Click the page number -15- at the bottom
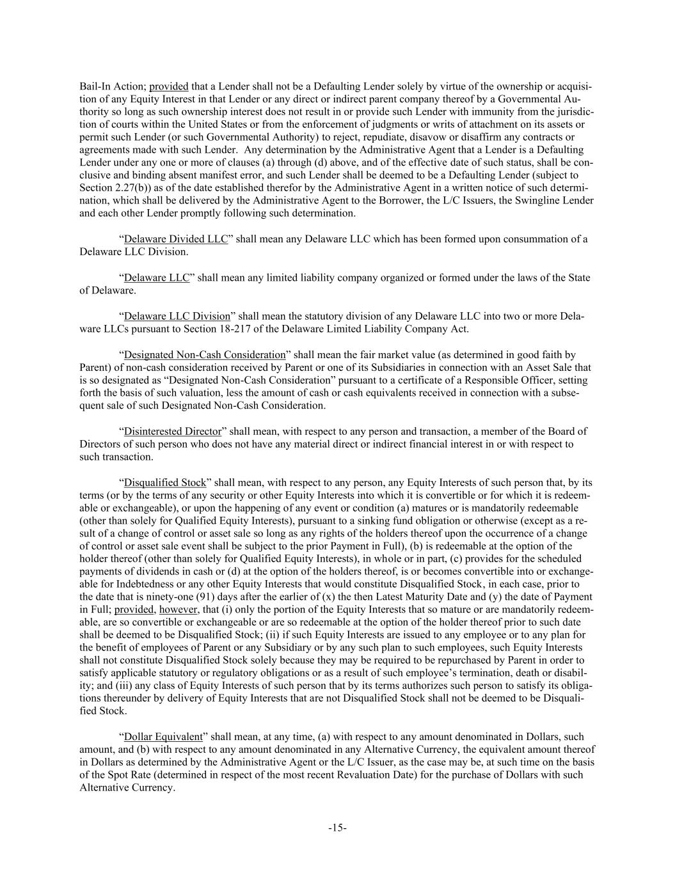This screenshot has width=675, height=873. click(x=337, y=828)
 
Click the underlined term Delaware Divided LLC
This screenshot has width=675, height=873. click(x=175, y=239)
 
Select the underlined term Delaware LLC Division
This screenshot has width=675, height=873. click(x=177, y=316)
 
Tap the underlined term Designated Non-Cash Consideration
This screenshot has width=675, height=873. click(x=204, y=354)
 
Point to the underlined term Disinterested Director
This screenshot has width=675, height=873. click(x=172, y=431)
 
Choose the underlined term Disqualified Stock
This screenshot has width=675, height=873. click(x=165, y=482)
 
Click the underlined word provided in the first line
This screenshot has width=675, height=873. click(x=169, y=86)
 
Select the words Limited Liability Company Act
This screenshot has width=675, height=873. click(x=393, y=329)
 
